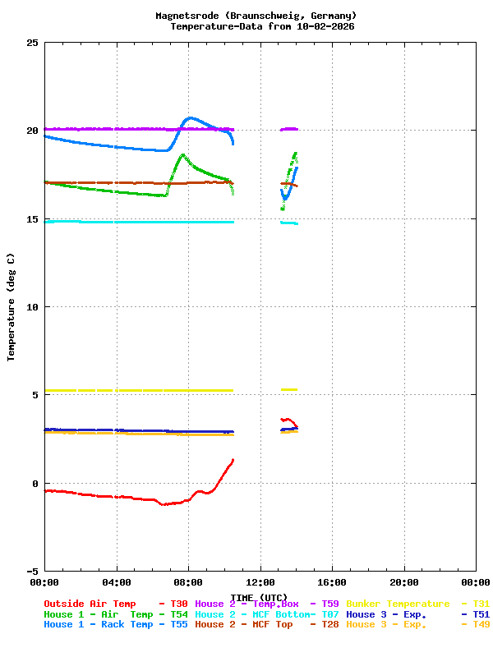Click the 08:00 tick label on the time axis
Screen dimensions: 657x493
[188, 582]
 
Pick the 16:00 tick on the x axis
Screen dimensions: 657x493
[332, 582]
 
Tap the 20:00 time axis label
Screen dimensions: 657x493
[404, 582]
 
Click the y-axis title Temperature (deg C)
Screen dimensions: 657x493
[12, 307]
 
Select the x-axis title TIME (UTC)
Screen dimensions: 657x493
[259, 597]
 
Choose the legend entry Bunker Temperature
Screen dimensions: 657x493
[398, 604]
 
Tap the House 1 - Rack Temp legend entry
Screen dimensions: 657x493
[98, 625]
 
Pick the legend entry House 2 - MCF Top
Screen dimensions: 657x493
[243, 625]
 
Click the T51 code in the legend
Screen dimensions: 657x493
[481, 614]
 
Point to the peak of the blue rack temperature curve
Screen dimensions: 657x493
[191, 118]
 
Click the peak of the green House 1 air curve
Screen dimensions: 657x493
[182, 154]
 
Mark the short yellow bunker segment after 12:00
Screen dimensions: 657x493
[289, 389]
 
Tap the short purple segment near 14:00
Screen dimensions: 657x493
[289, 129]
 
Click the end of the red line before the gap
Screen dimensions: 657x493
[233, 460]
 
